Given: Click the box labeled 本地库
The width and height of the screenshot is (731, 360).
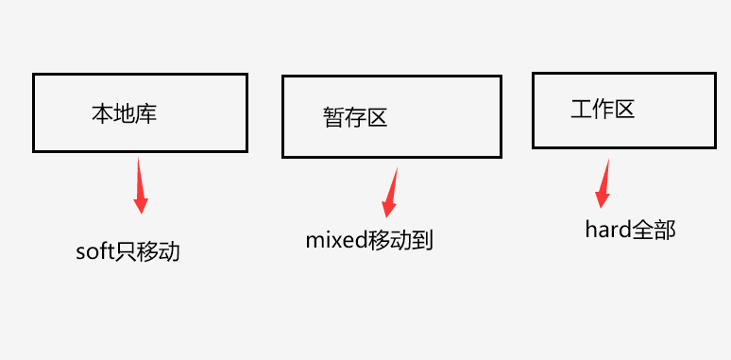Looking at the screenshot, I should [140, 111].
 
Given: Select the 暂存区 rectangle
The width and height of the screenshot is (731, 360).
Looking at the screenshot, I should [391, 115].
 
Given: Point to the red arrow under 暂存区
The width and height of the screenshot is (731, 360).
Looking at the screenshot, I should [389, 195].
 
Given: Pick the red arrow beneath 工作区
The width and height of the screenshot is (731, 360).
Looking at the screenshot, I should [603, 183].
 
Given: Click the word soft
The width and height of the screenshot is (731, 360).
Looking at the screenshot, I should [94, 252].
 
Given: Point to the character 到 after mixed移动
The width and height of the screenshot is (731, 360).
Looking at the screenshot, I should [422, 239].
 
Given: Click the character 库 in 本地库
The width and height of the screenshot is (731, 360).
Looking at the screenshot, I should [145, 114].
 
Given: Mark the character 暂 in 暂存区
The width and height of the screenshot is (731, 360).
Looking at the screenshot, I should [333, 118].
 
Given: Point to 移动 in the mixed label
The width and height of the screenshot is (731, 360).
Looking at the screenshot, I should [389, 239].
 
